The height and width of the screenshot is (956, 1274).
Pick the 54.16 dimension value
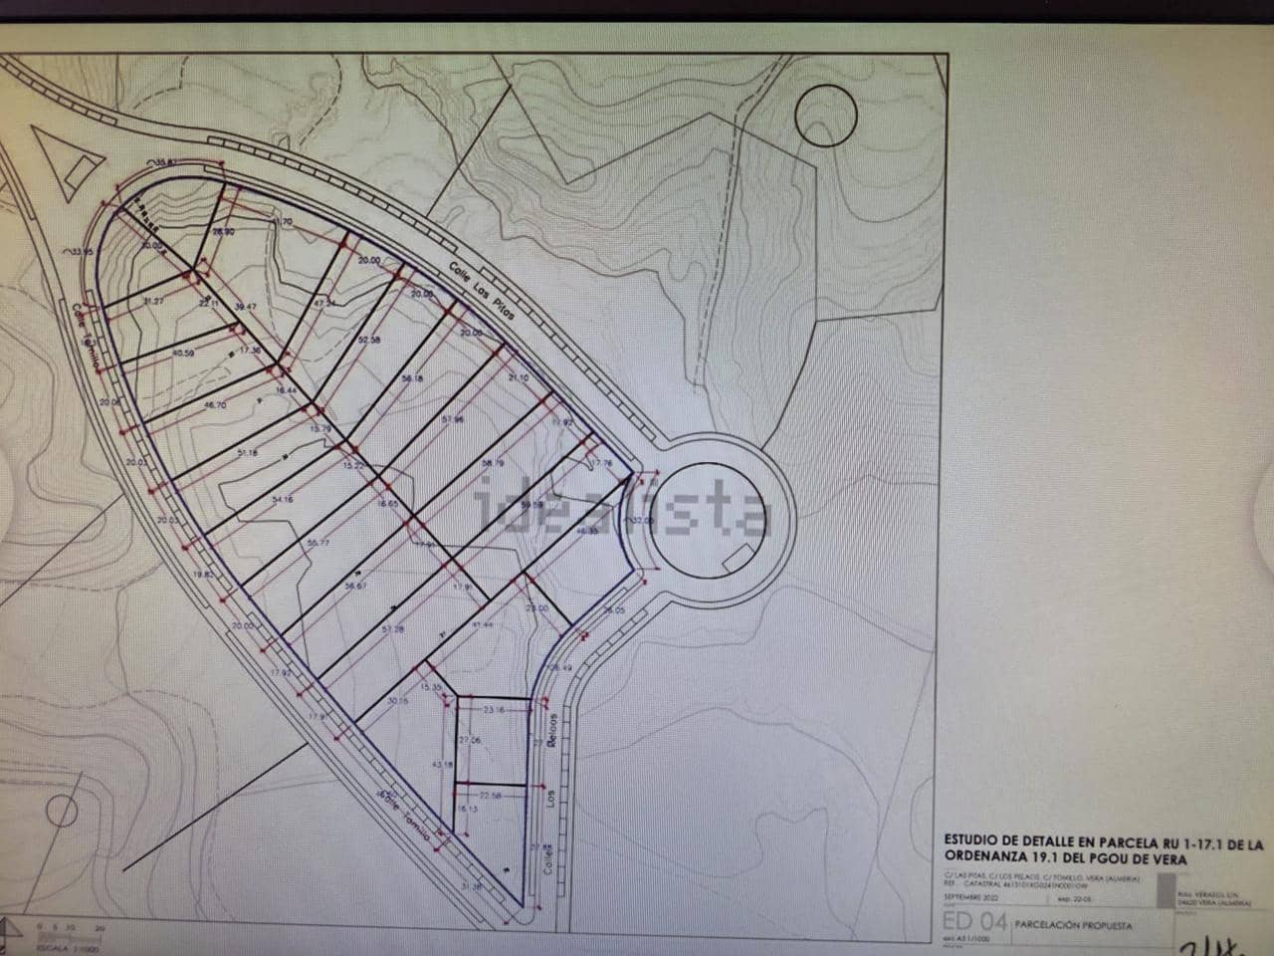point(282,499)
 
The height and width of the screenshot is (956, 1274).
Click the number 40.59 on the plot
point(183,353)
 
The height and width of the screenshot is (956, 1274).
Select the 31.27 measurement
point(153,301)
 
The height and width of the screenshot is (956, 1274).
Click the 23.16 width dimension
point(495,710)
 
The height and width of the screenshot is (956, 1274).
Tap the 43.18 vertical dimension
point(441,764)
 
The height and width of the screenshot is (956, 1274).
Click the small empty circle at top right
point(826,116)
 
